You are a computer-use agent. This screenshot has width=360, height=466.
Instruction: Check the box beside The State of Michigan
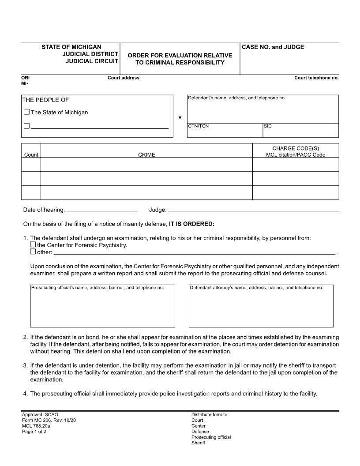click(x=26, y=112)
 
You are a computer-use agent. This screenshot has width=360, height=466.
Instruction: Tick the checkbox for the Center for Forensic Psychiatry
click(x=33, y=245)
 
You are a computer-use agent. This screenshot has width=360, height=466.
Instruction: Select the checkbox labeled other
click(x=33, y=252)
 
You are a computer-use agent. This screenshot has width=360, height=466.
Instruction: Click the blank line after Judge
click(x=253, y=210)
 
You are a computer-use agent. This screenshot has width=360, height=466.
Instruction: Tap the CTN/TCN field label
click(x=198, y=126)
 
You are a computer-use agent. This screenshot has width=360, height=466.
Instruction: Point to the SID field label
click(x=268, y=126)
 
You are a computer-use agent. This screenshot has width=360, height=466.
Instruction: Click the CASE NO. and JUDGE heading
click(x=273, y=47)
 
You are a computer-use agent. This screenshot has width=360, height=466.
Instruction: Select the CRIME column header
click(x=146, y=155)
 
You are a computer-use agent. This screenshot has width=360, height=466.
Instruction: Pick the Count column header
click(x=31, y=155)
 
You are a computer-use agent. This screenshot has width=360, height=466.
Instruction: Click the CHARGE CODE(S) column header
click(x=295, y=149)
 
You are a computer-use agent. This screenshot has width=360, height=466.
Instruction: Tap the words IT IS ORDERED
click(x=191, y=224)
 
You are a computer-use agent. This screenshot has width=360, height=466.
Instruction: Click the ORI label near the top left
click(x=25, y=78)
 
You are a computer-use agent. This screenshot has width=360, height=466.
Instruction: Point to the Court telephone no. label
click(x=316, y=78)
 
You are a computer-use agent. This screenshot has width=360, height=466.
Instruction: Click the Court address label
click(x=124, y=78)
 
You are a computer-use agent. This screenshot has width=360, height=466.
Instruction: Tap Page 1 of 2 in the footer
click(x=34, y=432)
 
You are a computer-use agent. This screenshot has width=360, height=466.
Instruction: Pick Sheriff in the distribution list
click(x=198, y=443)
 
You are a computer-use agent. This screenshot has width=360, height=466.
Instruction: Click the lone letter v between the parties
click(x=180, y=117)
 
